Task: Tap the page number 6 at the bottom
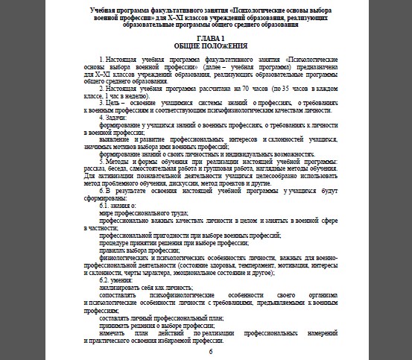pos(211,351)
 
